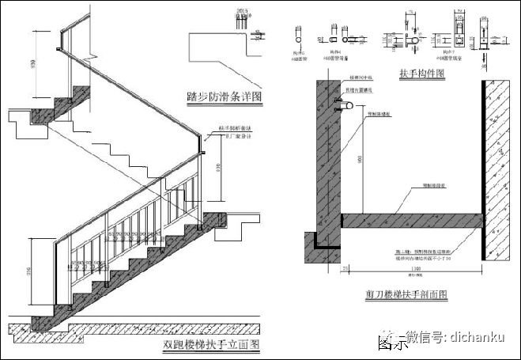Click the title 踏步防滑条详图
[x=224, y=97]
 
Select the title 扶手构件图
[x=423, y=74]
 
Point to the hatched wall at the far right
[x=502, y=158]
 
